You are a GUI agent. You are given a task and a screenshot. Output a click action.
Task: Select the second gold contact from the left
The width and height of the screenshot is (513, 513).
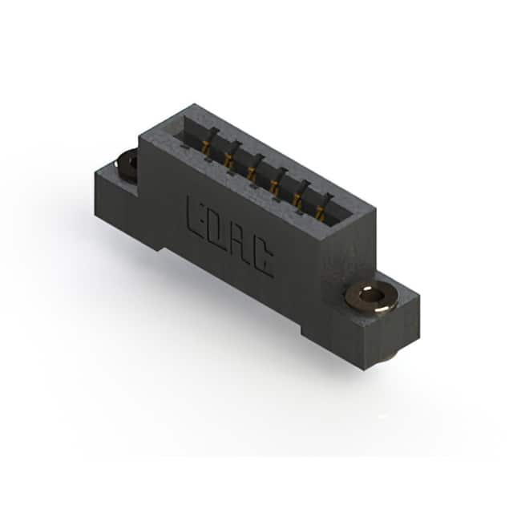[228, 160]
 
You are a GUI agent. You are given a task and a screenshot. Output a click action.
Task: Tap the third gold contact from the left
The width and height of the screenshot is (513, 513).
[252, 174]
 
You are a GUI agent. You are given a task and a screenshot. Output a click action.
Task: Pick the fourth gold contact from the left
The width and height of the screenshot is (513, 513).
[274, 188]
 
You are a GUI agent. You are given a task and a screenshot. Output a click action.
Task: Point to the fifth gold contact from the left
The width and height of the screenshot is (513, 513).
[297, 201]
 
